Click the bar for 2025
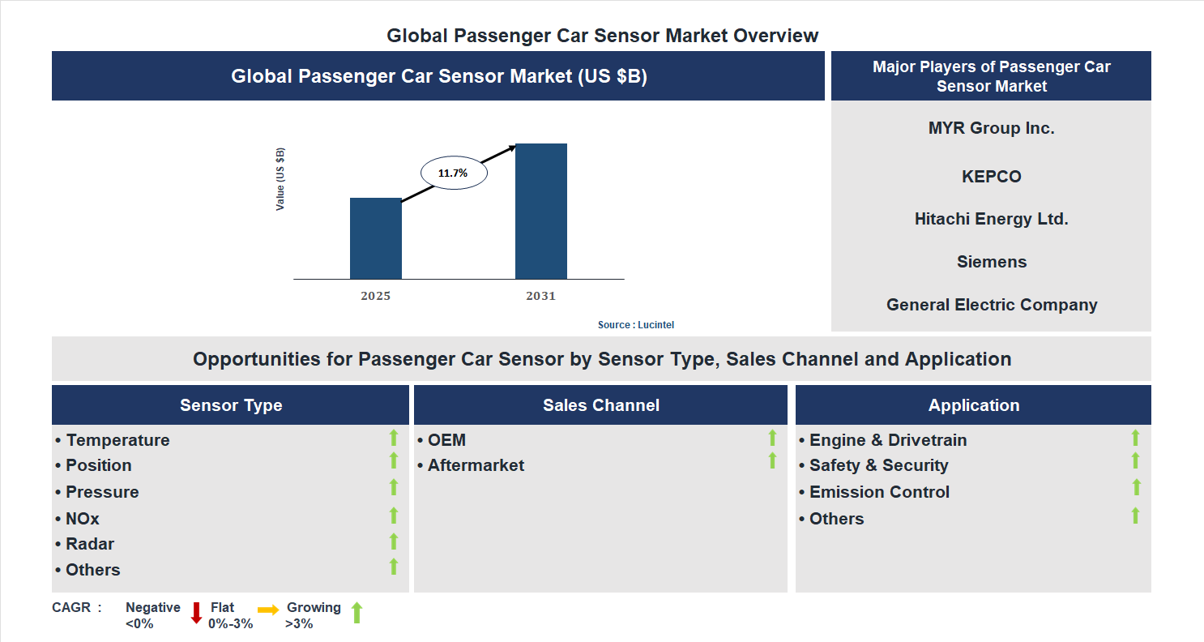coord(375,238)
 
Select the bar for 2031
coord(540,211)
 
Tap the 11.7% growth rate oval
coord(454,173)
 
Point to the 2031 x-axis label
coord(540,296)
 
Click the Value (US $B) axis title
coord(280,179)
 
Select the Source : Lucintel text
coord(635,324)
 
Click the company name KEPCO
coord(991,177)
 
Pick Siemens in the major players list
coord(991,262)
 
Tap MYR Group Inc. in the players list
coord(991,128)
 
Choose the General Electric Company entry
coord(991,305)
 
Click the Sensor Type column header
coord(231,405)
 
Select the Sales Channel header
coord(600,405)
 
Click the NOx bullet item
coord(82,519)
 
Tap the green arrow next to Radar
coord(394,541)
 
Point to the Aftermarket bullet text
coord(476,465)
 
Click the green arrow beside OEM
coord(772,438)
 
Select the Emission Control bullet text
coord(878,492)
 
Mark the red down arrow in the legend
coord(196,613)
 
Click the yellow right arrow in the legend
coord(268,609)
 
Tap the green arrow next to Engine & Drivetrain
coord(1135,438)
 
